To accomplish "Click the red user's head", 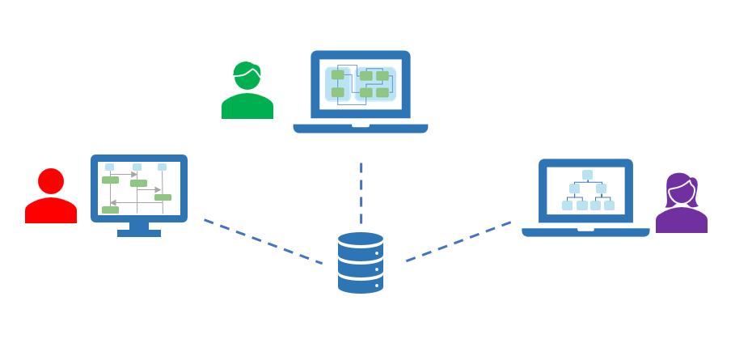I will pyautogui.click(x=51, y=181).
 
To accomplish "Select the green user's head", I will pyautogui.click(x=247, y=76).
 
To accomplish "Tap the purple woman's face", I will pyautogui.click(x=680, y=193).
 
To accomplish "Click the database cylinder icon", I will pyautogui.click(x=361, y=262).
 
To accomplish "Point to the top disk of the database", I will pyautogui.click(x=361, y=241).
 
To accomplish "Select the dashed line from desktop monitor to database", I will pyautogui.click(x=262, y=241).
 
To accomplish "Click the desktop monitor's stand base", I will pyautogui.click(x=139, y=233).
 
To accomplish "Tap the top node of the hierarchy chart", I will pyautogui.click(x=587, y=175).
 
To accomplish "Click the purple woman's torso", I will pyautogui.click(x=681, y=221).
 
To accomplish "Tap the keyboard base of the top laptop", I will pyautogui.click(x=361, y=128).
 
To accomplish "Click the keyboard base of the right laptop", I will pyautogui.click(x=585, y=232).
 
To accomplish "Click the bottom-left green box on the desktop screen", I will pyautogui.click(x=110, y=210).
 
